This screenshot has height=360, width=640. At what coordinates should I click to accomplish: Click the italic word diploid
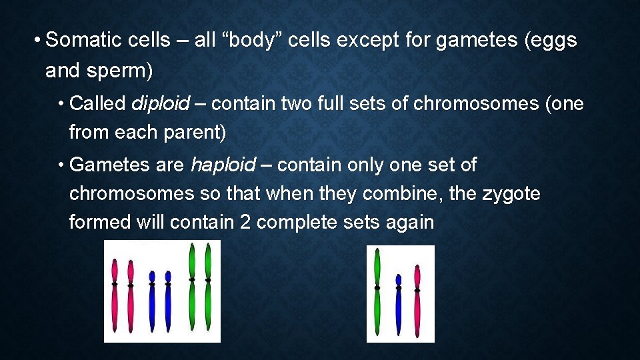click(161, 103)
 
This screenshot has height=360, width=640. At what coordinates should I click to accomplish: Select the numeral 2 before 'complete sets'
click(245, 223)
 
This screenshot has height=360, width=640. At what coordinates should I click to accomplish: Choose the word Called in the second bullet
click(97, 103)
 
